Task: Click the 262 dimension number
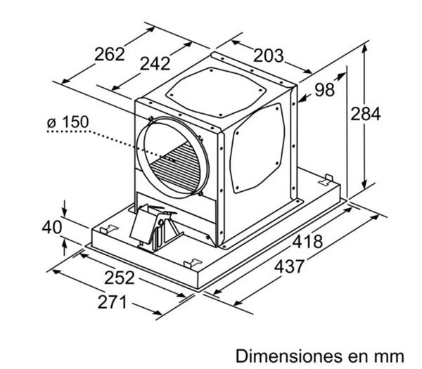pos(110,54)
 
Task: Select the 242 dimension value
pos(155,64)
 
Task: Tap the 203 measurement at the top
pos(269,56)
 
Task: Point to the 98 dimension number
pos(324,90)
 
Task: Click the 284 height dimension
pos(365,113)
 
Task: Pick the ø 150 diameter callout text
pos(68,122)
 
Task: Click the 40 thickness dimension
pos(52,227)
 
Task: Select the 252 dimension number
pos(120,278)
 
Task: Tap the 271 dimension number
pos(112,302)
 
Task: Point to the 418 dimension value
pos(307,241)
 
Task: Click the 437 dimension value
pos(289,266)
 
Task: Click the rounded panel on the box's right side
pos(257,148)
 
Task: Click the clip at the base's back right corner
pos(326,180)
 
